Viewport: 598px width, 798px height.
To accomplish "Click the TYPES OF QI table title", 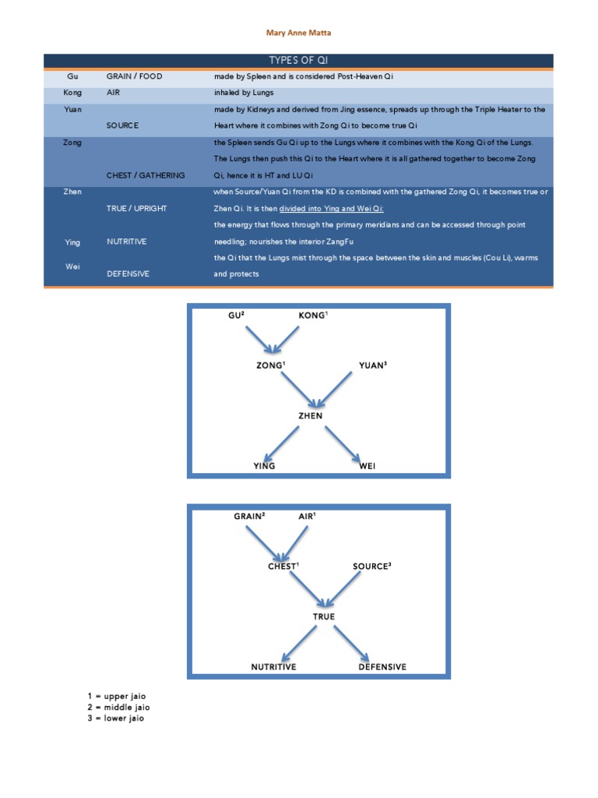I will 298,61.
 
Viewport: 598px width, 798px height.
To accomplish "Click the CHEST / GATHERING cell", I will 146,175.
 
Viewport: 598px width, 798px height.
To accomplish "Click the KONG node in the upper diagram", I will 313,315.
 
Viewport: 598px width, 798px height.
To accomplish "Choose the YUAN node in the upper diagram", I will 372,365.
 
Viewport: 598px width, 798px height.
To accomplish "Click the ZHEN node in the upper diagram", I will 311,415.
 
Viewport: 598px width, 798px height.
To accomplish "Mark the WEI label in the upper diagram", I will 368,466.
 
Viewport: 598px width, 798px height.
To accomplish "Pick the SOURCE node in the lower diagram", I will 371,567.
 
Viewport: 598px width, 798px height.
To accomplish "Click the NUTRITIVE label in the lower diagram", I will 273,667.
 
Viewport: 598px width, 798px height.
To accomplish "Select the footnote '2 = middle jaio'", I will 118,707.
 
